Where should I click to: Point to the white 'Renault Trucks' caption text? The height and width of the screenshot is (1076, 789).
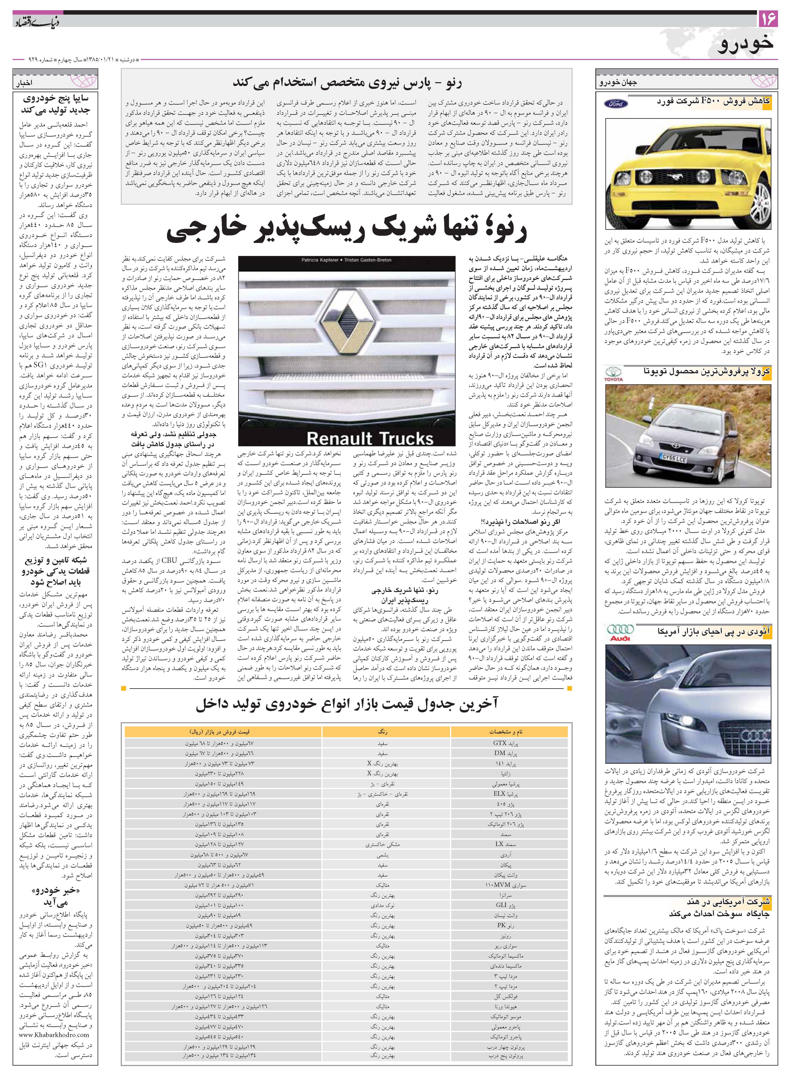point(369,438)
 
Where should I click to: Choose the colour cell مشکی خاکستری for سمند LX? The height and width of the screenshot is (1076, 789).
point(386,844)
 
